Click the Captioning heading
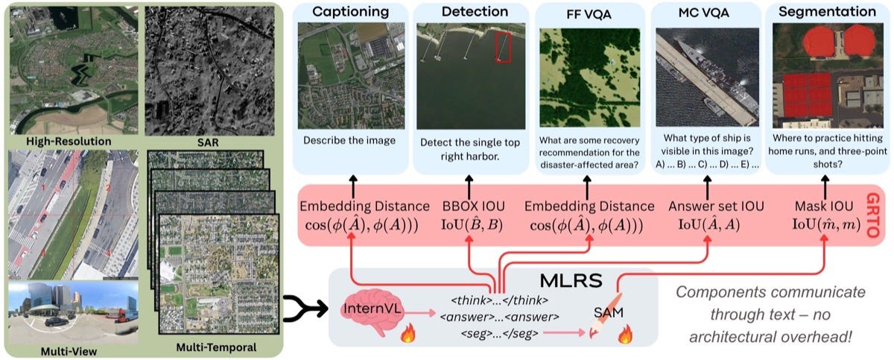tap(350, 12)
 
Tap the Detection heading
tap(475, 12)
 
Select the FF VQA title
tap(589, 14)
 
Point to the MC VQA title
tap(703, 13)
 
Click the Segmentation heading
tap(827, 12)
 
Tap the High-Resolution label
tap(69, 142)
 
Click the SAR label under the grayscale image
tap(208, 142)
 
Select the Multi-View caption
tap(69, 351)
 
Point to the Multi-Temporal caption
tap(216, 347)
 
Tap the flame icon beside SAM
tap(625, 335)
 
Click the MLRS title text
tap(571, 281)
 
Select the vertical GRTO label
tap(873, 215)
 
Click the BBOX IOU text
tap(473, 206)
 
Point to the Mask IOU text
tap(824, 206)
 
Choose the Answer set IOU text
tap(716, 206)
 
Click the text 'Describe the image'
tap(349, 140)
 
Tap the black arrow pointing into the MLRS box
tap(305, 308)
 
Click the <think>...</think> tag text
tap(499, 300)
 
